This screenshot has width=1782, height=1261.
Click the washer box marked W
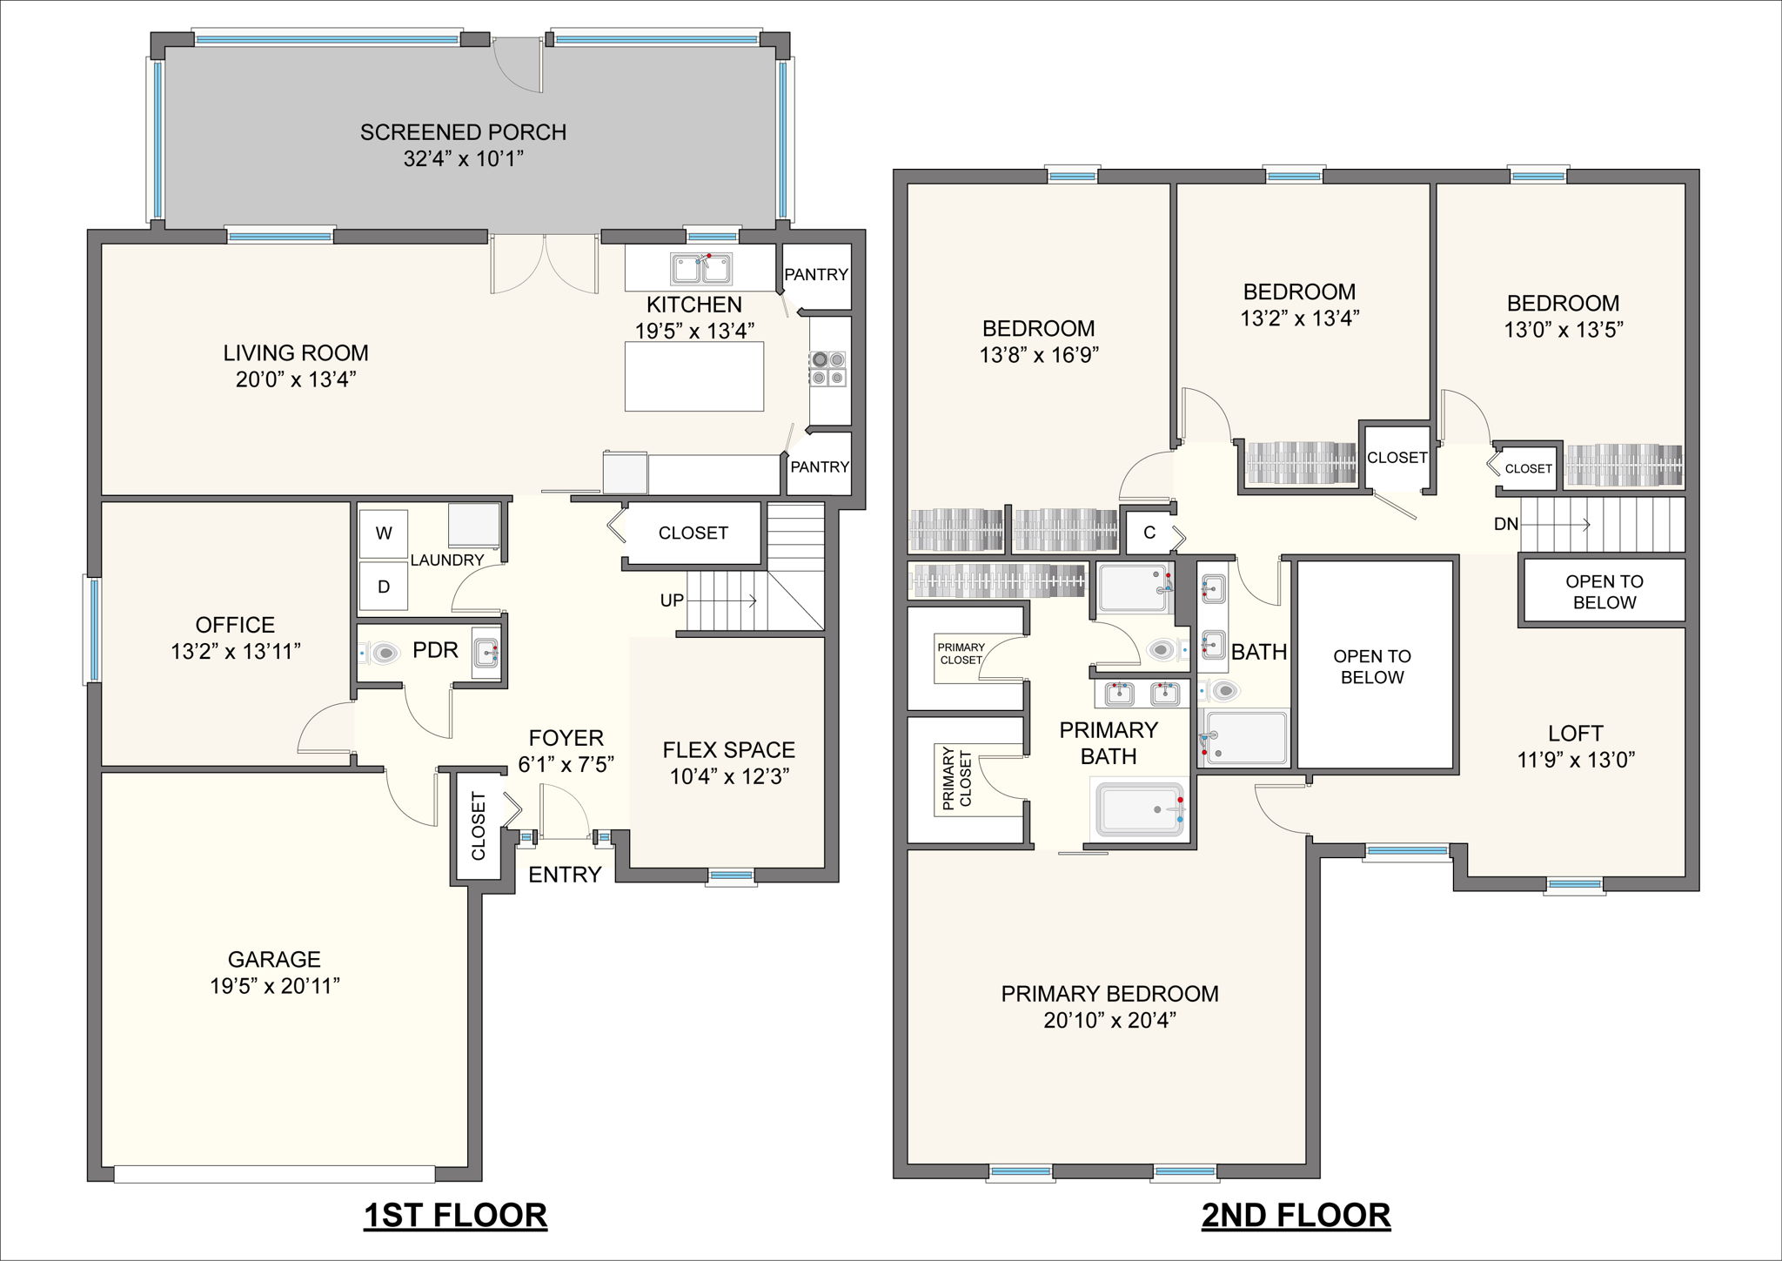(384, 533)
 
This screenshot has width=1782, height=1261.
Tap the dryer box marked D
(384, 587)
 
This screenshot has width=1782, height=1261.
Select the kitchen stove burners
(827, 368)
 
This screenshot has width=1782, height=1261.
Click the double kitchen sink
(700, 268)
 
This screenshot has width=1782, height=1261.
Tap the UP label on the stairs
(672, 600)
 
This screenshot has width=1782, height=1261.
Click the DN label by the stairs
(1505, 524)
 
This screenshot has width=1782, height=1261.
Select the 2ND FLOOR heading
(1296, 1215)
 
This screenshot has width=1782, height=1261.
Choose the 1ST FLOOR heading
(455, 1215)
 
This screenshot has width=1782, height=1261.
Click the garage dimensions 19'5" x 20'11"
(274, 986)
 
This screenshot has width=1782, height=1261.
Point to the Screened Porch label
(463, 132)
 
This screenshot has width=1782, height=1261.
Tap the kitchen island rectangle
(693, 376)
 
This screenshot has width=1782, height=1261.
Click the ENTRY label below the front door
(565, 875)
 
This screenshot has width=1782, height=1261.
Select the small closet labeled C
(1149, 533)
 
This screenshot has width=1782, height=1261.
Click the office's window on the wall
(92, 629)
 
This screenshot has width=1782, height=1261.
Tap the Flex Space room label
(728, 750)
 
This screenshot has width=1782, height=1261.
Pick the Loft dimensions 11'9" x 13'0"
(1576, 760)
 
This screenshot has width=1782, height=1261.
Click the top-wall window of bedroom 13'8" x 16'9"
(1072, 176)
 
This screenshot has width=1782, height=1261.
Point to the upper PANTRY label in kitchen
(815, 274)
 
